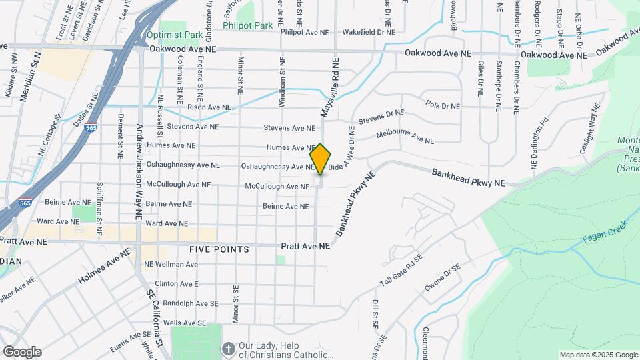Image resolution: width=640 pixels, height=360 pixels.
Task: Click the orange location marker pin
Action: coord(321,159)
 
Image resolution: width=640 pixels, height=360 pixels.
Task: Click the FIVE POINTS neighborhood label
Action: coord(219,249)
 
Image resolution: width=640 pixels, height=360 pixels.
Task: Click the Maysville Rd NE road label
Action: coord(330,87)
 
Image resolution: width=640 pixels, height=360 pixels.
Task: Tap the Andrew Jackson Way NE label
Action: coord(139,171)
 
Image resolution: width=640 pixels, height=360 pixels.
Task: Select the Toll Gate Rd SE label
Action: coord(401,269)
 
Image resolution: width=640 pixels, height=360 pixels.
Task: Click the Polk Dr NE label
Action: coord(443,105)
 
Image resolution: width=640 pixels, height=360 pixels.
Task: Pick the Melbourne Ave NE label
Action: coord(405,137)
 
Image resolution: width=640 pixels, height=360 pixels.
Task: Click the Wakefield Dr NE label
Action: coord(368,31)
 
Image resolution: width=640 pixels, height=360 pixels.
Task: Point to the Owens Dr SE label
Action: coord(443,278)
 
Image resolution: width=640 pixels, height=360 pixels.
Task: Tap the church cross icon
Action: coord(229,349)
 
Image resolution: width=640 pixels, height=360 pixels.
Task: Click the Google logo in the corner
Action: coord(21,351)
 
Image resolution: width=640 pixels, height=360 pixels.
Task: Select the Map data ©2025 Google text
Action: coord(598,355)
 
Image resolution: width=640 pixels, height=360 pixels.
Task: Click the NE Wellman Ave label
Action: coord(172,265)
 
